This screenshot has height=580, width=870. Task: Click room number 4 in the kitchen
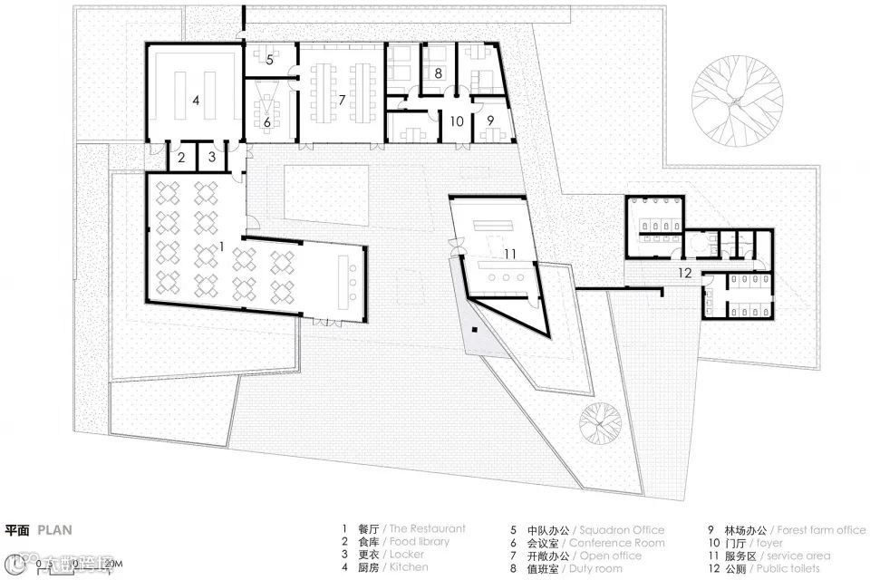(196, 100)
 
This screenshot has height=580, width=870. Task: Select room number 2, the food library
(181, 157)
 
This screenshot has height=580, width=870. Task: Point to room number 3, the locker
(212, 157)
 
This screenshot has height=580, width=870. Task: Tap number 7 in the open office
(342, 100)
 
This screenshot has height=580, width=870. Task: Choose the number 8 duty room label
(438, 72)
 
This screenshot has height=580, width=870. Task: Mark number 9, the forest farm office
(489, 120)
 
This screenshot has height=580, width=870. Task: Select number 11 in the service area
(509, 255)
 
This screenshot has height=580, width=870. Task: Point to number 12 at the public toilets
(684, 271)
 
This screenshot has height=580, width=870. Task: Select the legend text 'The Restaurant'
(427, 529)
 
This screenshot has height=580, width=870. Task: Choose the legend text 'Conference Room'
(617, 543)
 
